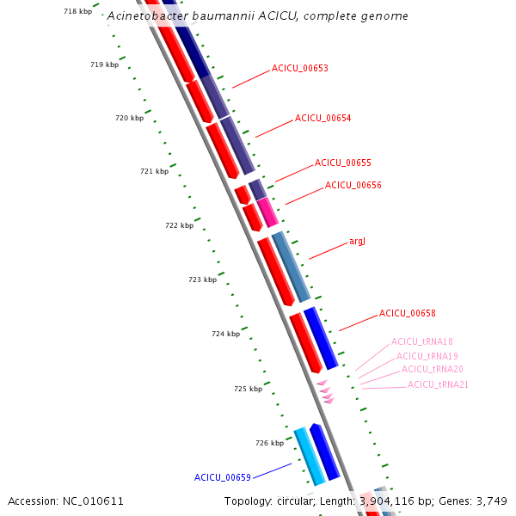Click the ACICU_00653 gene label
300,68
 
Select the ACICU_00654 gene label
322,118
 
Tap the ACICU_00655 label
343,163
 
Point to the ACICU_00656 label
353,185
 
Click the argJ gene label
357,241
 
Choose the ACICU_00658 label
408,313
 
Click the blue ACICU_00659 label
223,477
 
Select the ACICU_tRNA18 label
422,341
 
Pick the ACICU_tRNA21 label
438,384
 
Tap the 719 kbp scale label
105,64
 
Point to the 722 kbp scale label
180,225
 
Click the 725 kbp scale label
249,389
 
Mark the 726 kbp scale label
269,443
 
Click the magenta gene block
267,212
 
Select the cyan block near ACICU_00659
310,457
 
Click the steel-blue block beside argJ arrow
292,267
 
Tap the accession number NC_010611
93,501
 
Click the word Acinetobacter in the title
148,15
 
